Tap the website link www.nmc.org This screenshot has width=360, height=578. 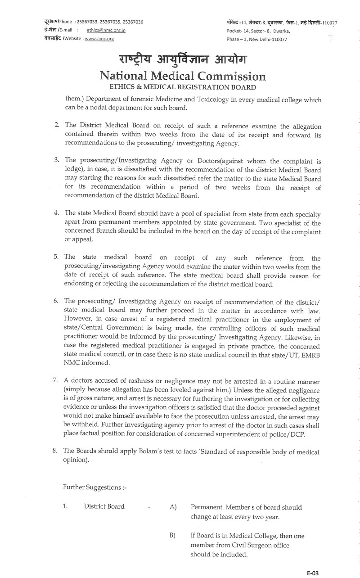[99, 39]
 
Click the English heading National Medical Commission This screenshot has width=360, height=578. [183, 76]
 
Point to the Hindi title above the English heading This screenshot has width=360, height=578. [183, 60]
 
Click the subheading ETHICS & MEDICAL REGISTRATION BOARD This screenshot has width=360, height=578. [183, 87]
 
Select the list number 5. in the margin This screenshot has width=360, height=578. [57, 257]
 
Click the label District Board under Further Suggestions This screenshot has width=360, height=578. [104, 506]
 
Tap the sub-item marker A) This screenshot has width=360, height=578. [173, 507]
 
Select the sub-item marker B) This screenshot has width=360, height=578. [173, 536]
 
